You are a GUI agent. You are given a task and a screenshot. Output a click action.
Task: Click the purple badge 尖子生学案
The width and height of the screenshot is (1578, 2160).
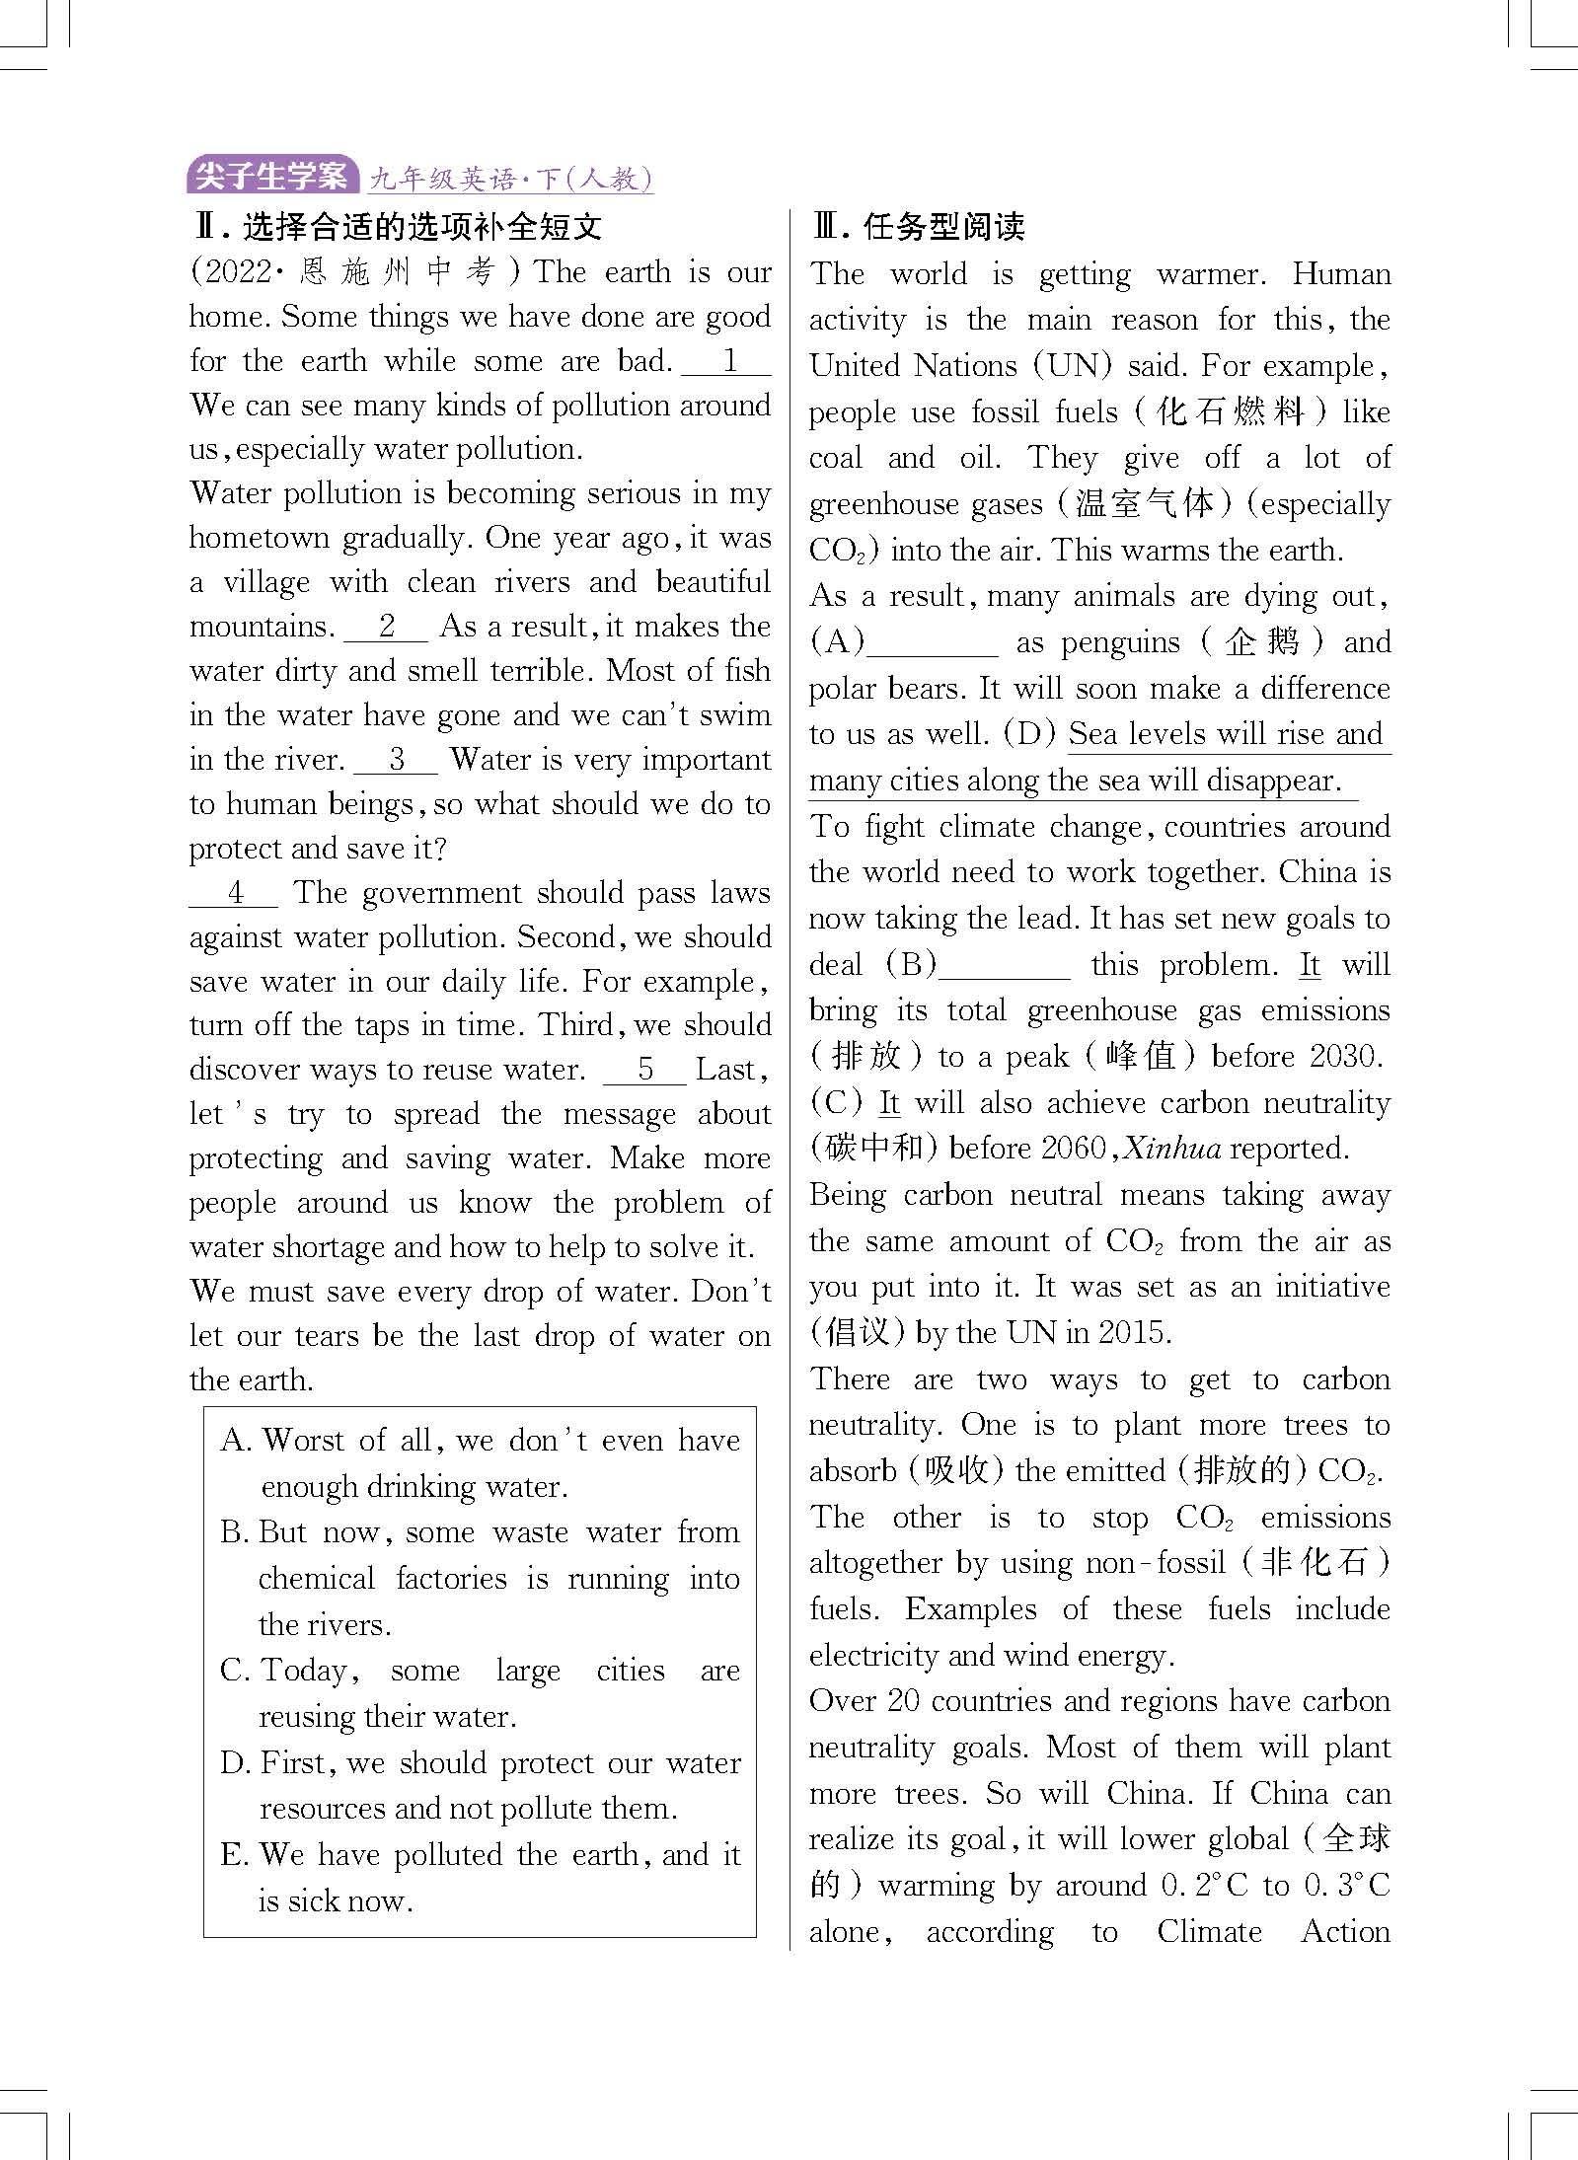pos(271,176)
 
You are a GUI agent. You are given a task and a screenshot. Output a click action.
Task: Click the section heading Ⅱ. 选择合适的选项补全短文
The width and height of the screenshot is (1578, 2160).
pos(397,228)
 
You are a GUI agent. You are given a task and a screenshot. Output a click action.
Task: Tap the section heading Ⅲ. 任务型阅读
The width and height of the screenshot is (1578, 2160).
pos(918,228)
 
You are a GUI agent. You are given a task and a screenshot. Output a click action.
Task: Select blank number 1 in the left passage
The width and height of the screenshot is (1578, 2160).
pos(728,361)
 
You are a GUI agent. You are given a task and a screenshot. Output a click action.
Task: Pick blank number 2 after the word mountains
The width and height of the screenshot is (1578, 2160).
pos(386,627)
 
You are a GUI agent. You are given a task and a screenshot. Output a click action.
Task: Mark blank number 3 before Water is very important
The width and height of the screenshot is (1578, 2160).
pos(396,760)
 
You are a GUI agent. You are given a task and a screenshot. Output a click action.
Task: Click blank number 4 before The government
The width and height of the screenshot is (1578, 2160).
pos(235,893)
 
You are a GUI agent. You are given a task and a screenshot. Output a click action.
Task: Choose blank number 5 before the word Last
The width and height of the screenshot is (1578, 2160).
pos(644,1070)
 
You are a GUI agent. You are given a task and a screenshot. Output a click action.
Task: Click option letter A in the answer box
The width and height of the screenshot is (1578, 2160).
pos(236,1441)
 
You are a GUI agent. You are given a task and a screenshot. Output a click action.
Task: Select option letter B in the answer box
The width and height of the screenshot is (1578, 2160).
pos(234,1532)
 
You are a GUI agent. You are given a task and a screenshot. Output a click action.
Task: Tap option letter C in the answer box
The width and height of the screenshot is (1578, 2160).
pos(235,1671)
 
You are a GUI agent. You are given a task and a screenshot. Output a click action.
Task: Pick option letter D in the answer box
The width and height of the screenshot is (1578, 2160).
pos(235,1762)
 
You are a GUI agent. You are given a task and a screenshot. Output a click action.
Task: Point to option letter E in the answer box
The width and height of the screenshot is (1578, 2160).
pos(234,1854)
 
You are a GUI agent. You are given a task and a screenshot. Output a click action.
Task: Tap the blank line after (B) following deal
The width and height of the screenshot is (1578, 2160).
pos(1004,966)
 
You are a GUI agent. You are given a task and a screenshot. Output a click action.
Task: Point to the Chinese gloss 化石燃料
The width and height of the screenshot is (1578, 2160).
pos(1230,411)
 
